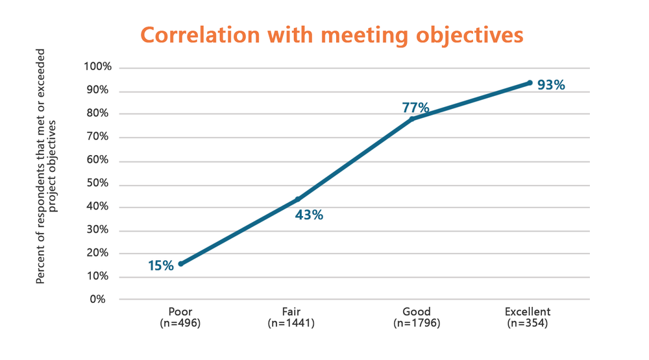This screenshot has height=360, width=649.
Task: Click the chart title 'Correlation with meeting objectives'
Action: (332, 35)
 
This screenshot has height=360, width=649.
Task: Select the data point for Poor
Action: (180, 264)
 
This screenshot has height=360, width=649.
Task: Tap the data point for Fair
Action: (298, 199)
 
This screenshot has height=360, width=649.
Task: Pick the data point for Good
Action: (412, 119)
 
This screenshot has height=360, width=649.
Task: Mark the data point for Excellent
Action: (530, 83)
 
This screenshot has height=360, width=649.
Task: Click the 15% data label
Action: (160, 265)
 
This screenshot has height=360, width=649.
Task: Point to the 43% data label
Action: (309, 215)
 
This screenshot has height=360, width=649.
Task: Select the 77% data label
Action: (415, 107)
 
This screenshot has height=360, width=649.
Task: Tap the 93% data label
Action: (551, 85)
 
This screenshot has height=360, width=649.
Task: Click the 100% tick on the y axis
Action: (98, 67)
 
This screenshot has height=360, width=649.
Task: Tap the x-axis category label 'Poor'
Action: (180, 312)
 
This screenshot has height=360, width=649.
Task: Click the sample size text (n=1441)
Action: (291, 323)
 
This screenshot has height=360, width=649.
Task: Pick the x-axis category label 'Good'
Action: (416, 312)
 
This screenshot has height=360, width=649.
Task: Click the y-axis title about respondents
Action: (47, 166)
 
